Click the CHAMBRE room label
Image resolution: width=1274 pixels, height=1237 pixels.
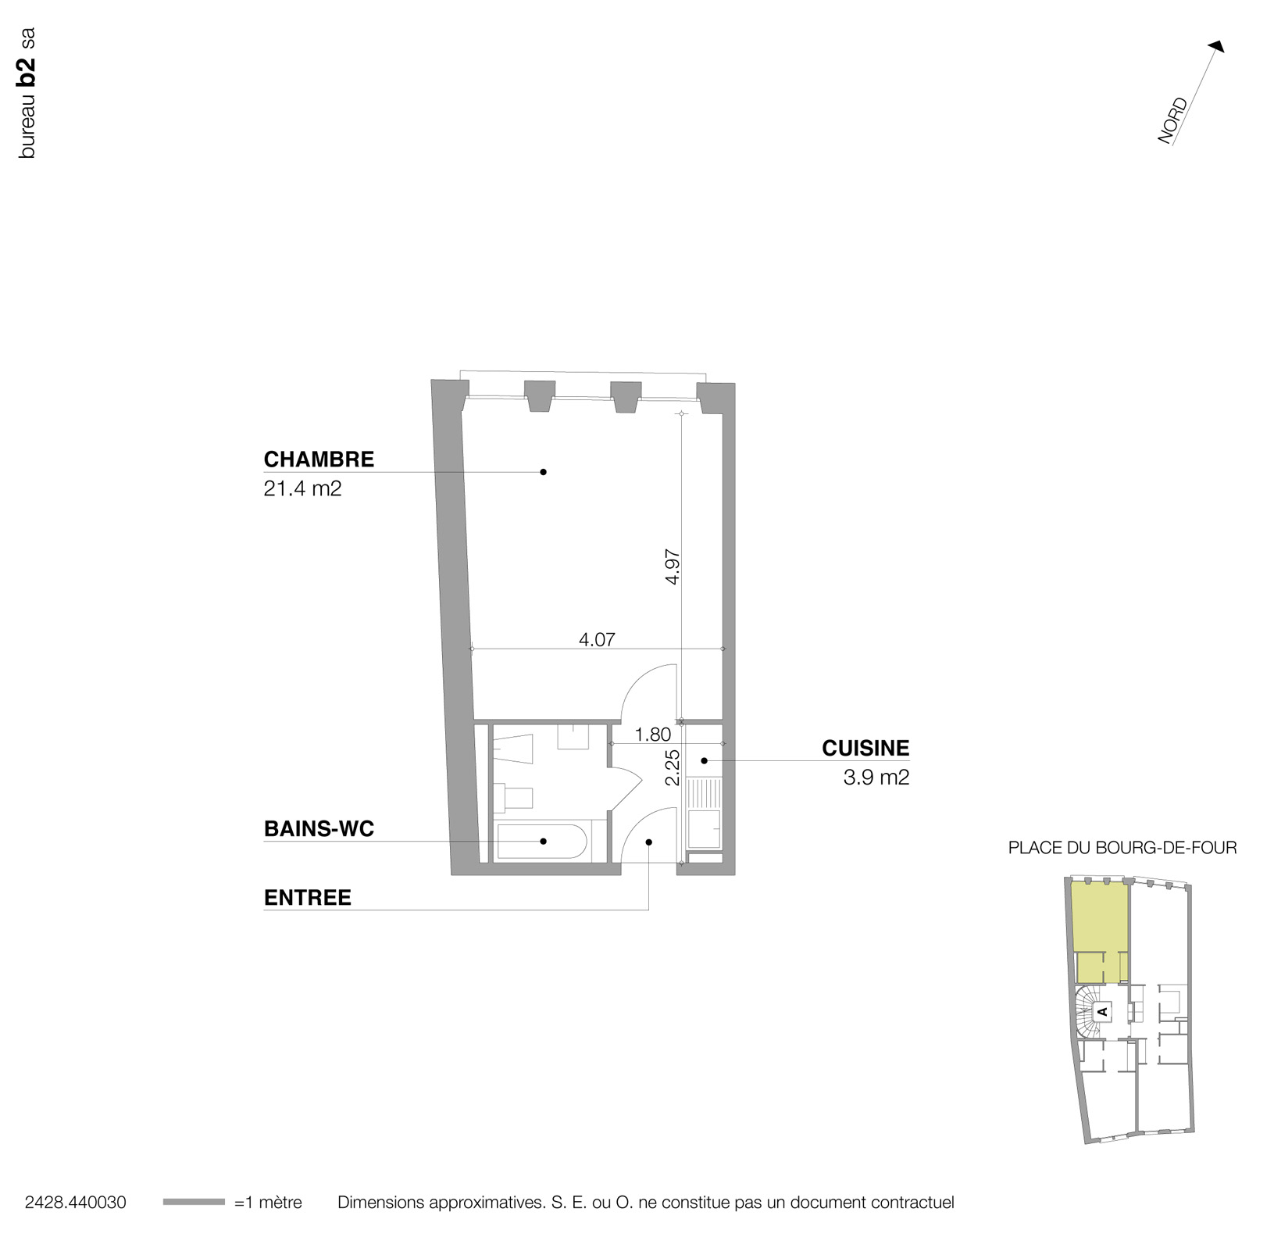(319, 459)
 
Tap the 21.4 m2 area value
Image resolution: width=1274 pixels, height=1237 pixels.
(302, 490)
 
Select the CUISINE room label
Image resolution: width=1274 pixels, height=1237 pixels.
(865, 749)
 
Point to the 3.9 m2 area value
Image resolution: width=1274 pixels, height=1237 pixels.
(876, 778)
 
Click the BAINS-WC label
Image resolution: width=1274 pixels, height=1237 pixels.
(319, 829)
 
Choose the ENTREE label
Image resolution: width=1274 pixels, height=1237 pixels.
(307, 898)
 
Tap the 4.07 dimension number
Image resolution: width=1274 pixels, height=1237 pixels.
(597, 640)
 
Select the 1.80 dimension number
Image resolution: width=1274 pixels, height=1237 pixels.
(653, 735)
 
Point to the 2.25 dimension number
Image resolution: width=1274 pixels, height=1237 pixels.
(673, 767)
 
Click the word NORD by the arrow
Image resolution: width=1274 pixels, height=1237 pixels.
(1172, 120)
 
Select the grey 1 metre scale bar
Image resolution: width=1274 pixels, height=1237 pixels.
(194, 1202)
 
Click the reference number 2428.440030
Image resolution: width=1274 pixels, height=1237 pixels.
(75, 1203)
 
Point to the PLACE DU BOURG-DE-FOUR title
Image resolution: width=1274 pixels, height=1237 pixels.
(1122, 848)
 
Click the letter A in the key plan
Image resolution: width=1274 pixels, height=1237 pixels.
(1102, 1011)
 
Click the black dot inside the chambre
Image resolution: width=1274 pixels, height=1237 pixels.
(543, 472)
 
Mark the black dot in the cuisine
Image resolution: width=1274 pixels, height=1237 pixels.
(704, 760)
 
